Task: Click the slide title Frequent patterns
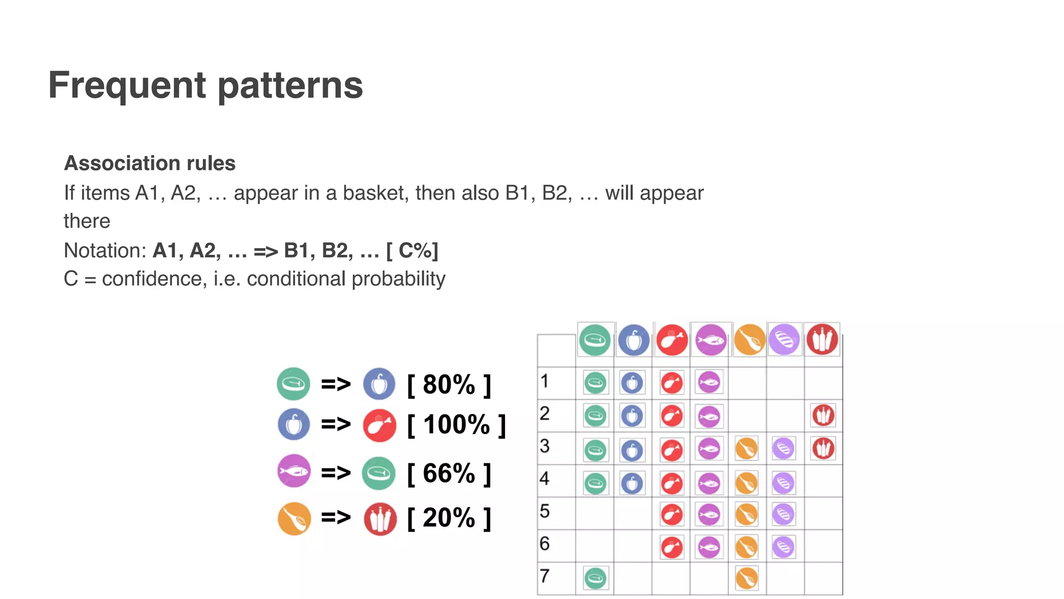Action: click(x=205, y=85)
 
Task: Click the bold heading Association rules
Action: click(x=150, y=163)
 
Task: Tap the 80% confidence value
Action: click(x=449, y=385)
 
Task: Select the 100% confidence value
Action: click(x=456, y=425)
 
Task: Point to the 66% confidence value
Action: click(x=449, y=474)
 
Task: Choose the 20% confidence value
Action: click(x=449, y=518)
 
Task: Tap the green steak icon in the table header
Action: click(x=595, y=341)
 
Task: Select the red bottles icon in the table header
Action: click(x=822, y=340)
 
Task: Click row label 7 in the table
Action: click(x=544, y=576)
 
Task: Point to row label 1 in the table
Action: click(x=544, y=381)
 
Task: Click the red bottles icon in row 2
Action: click(x=823, y=415)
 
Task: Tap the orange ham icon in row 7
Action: click(x=747, y=578)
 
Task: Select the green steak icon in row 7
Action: click(x=595, y=578)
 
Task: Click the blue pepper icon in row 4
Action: click(x=632, y=484)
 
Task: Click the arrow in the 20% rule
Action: click(x=336, y=517)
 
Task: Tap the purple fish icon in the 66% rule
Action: click(x=294, y=471)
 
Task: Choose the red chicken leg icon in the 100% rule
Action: click(x=379, y=426)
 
